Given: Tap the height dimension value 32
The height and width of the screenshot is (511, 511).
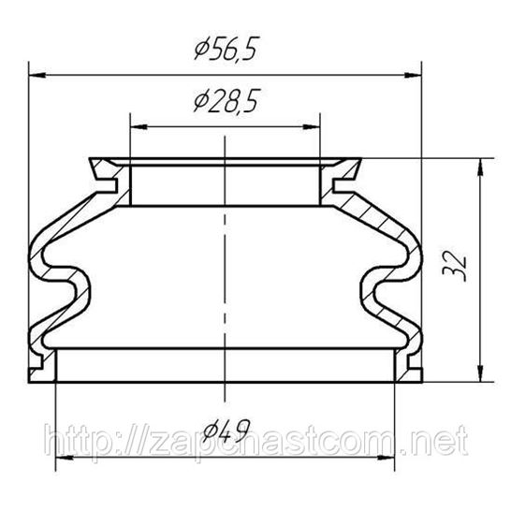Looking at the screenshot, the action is tap(455, 266).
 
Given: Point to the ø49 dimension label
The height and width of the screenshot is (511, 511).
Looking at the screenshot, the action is tap(226, 430).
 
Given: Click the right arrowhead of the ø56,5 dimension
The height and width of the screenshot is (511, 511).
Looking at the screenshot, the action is tap(413, 75).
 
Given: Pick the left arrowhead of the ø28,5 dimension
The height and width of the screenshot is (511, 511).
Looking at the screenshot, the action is tap(139, 126).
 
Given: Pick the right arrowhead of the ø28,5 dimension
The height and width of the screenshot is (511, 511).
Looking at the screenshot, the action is tap(312, 126).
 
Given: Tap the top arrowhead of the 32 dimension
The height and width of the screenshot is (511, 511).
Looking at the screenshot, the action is tap(480, 167).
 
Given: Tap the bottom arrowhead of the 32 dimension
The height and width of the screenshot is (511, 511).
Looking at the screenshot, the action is tap(480, 373).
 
